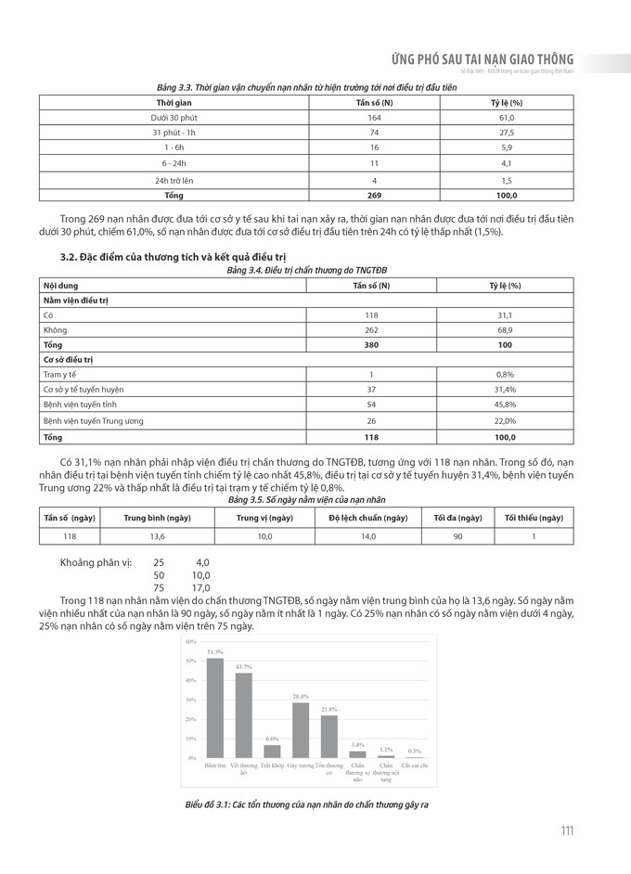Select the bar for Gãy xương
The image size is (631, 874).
point(300,730)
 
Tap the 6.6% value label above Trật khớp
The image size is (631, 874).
point(272,739)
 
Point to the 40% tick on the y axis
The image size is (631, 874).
point(190,680)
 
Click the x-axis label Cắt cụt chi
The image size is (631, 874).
point(415,765)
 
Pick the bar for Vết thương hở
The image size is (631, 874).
point(244,715)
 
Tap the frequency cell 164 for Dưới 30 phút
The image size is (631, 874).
point(374,119)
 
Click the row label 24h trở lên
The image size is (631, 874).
point(174,179)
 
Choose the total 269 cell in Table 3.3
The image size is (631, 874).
point(374,195)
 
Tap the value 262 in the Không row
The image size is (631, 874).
point(371,329)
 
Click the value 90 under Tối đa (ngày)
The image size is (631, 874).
point(456,536)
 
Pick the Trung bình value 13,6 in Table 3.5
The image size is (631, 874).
point(158,536)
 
